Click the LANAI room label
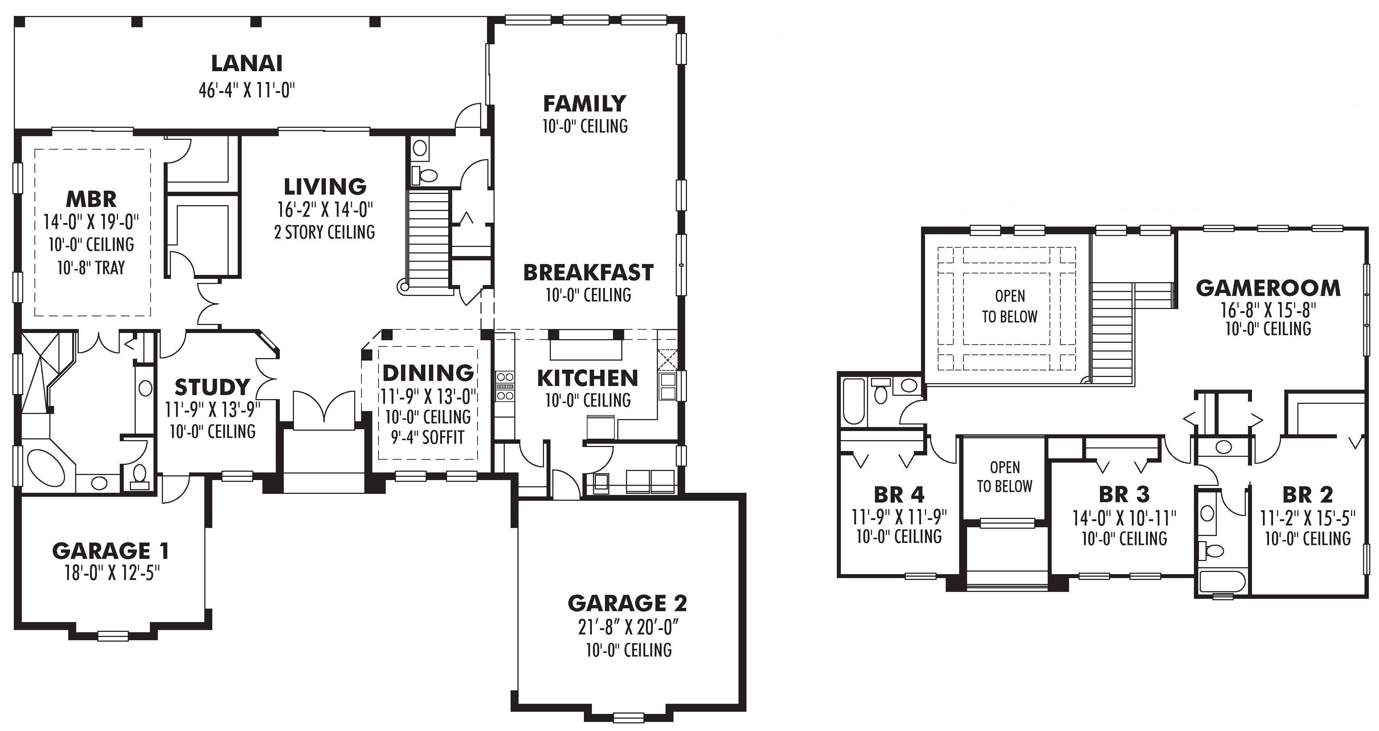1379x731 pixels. [246, 63]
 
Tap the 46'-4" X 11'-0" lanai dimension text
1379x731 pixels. [247, 90]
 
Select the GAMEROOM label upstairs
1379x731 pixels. [1268, 288]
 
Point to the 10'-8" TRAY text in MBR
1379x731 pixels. [91, 267]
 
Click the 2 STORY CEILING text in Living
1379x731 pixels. [324, 232]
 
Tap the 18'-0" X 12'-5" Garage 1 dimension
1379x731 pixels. [112, 573]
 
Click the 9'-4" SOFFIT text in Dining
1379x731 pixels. [427, 438]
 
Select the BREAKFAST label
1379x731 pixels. [588, 273]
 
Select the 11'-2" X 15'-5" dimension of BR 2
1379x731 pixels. [1307, 519]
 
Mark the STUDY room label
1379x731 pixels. [212, 387]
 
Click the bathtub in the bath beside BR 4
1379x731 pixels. [853, 402]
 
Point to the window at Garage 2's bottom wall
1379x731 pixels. [629, 716]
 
